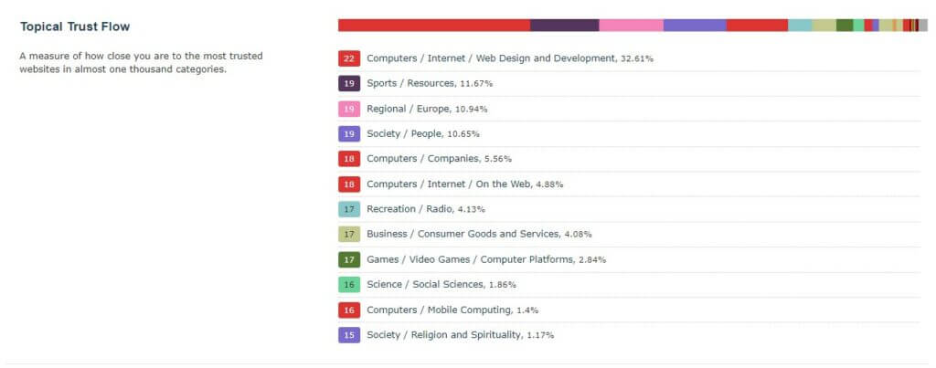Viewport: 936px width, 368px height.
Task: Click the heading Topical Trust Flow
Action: pos(75,26)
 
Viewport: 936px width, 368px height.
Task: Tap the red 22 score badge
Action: pos(348,58)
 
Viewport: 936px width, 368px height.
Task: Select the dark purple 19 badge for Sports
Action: pos(348,83)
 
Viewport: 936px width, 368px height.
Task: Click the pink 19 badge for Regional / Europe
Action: pos(348,109)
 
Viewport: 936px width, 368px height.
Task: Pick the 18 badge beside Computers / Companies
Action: pos(348,159)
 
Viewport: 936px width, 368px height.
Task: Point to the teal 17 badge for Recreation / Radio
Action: pos(348,209)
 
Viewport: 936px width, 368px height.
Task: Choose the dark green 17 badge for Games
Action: pos(348,259)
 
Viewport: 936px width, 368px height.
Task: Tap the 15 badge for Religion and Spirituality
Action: pos(348,335)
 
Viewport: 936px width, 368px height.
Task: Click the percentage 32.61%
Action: pos(637,58)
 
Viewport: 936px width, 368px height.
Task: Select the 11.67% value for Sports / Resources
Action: pos(476,83)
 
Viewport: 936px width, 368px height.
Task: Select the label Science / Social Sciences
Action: pos(425,285)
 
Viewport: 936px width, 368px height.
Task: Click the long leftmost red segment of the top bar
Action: pos(433,26)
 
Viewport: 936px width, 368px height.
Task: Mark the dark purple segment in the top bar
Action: pos(564,26)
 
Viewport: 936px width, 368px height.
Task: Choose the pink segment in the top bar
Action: pos(631,26)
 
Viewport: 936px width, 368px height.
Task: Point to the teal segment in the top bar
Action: pos(800,26)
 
